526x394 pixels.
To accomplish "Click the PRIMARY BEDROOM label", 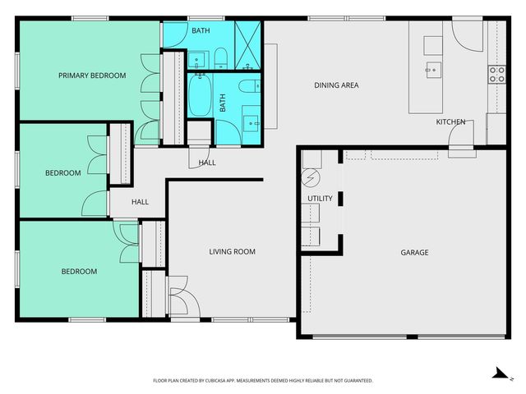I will [x=92, y=76].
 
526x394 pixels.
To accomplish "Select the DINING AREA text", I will [x=336, y=85].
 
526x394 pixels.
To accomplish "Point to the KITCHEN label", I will [x=450, y=122].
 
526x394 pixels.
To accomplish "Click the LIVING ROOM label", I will [x=232, y=252].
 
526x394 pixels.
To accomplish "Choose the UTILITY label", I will [x=320, y=199].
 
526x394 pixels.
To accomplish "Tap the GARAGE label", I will [x=414, y=252].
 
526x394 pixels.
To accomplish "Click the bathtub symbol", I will [x=201, y=98].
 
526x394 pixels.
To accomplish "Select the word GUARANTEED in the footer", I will [x=355, y=381].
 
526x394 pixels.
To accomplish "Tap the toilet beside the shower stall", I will [x=220, y=57].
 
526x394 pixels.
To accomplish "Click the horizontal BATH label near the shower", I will [x=201, y=31].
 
